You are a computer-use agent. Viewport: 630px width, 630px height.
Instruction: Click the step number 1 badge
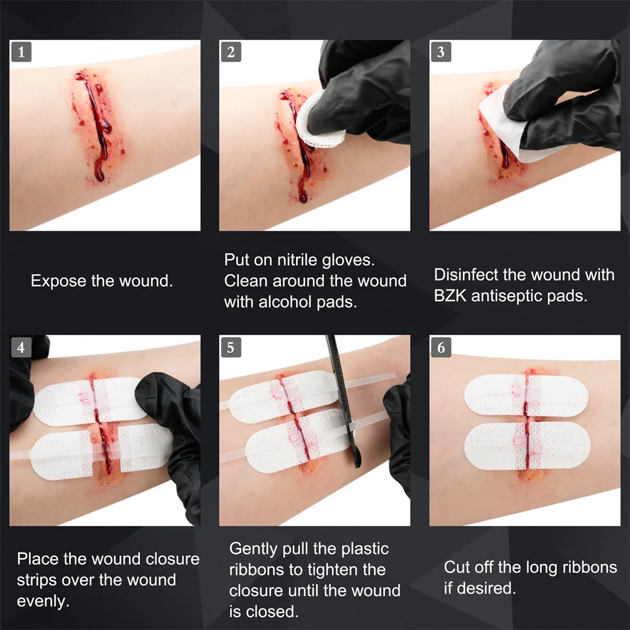coord(21,52)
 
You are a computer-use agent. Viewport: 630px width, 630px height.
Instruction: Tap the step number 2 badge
coord(231,52)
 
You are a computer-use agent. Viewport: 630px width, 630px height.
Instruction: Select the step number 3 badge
coord(440,52)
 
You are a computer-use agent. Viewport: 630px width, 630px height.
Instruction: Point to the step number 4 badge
coord(21,347)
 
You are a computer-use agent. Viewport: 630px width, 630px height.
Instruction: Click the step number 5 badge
coord(231,347)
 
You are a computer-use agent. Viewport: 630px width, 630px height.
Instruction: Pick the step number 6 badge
coord(440,347)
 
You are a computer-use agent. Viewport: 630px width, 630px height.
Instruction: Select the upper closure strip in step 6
coord(525,396)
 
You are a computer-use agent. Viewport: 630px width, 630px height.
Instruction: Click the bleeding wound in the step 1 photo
coord(93,123)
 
